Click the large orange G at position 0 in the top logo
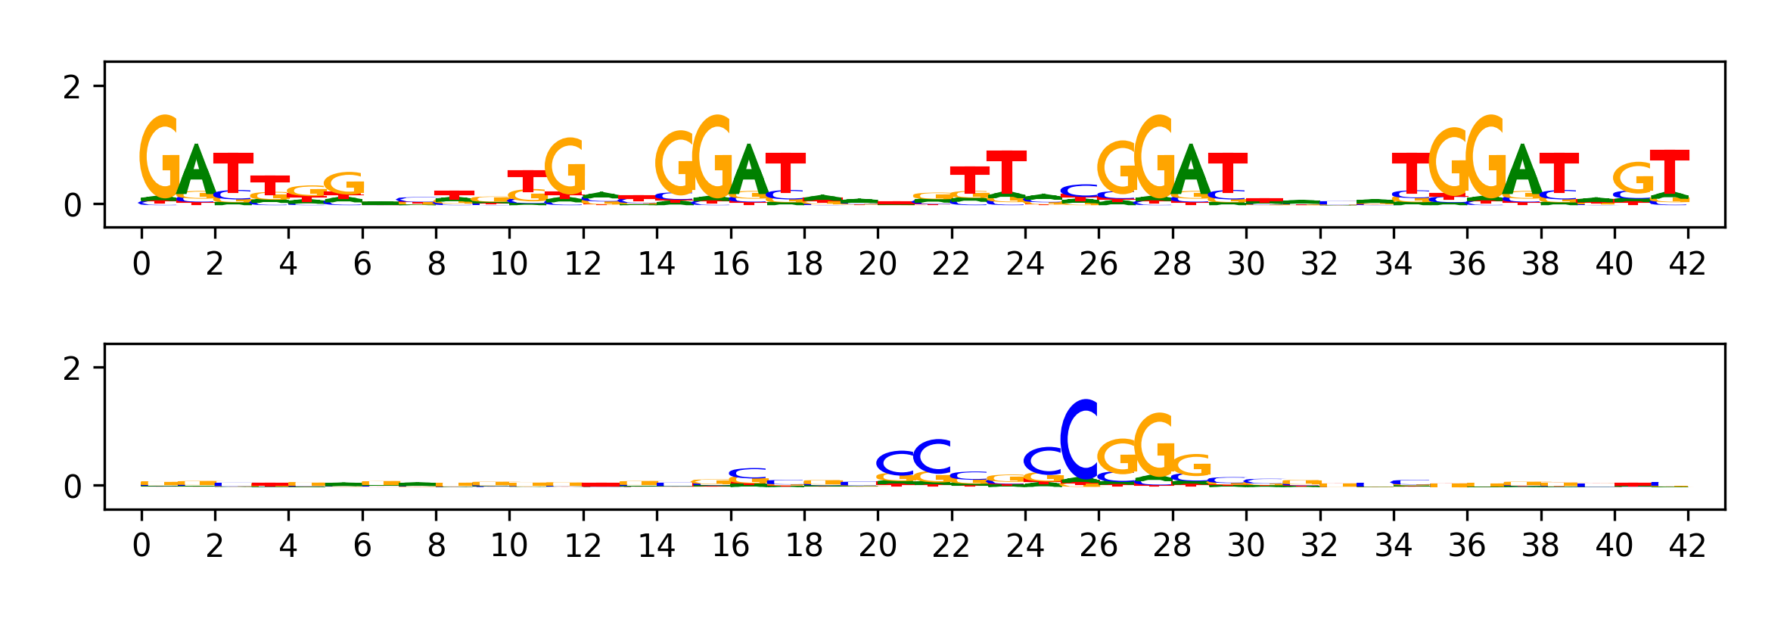point(160,157)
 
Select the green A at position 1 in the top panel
point(196,171)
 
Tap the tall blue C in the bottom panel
point(1080,440)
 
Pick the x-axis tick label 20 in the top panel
point(878,264)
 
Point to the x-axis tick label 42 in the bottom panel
point(1687,546)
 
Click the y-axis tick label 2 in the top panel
point(72,88)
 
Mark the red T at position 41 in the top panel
point(1669,173)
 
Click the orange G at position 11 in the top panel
point(565,166)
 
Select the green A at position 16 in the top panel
point(748,171)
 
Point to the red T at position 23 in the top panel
point(1006,173)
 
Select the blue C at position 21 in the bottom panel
point(933,456)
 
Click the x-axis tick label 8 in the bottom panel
point(436,546)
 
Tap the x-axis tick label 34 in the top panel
point(1394,264)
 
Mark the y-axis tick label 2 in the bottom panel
point(72,369)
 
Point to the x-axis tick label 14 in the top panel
point(657,264)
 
